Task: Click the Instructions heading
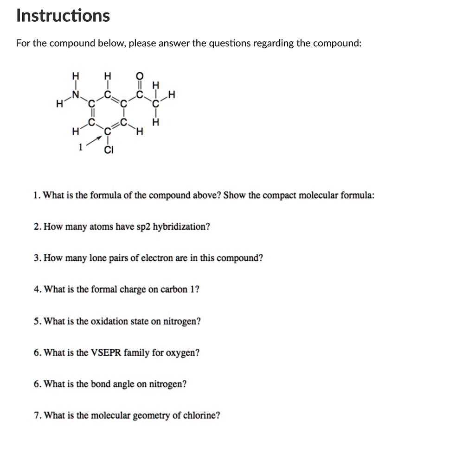(x=63, y=16)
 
